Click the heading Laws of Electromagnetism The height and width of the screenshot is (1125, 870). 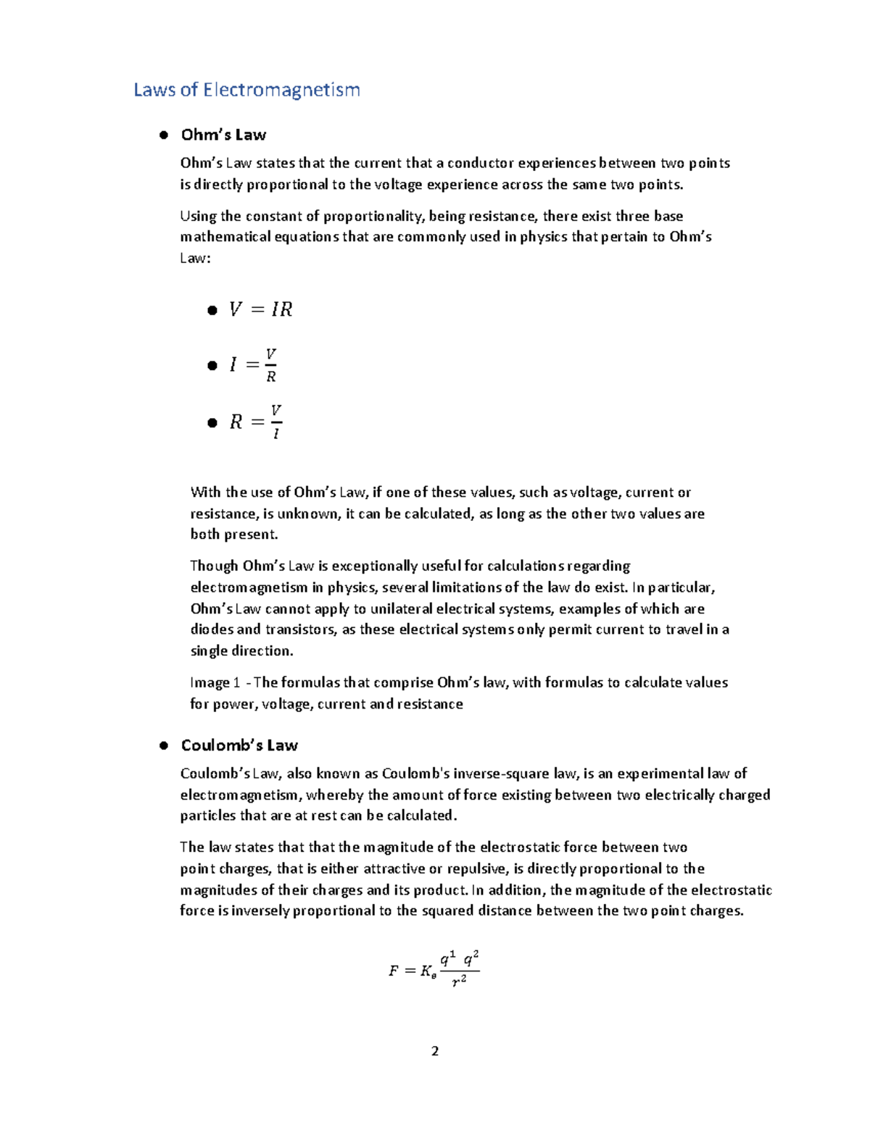(x=246, y=90)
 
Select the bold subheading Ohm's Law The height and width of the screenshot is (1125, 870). (x=223, y=135)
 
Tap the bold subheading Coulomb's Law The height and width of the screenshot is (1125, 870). (x=239, y=745)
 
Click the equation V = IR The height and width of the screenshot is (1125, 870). (x=260, y=310)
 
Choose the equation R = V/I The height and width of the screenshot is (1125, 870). (x=255, y=422)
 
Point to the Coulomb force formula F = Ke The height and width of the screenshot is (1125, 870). (x=434, y=970)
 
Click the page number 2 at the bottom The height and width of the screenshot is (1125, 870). (x=435, y=1051)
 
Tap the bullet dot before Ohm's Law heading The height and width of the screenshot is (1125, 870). (x=164, y=135)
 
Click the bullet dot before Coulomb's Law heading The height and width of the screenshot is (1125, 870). (x=164, y=745)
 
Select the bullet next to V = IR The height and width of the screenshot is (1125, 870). (x=212, y=311)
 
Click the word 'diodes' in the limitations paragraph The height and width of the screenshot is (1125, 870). (x=211, y=630)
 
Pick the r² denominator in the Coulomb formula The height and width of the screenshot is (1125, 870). (x=459, y=982)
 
